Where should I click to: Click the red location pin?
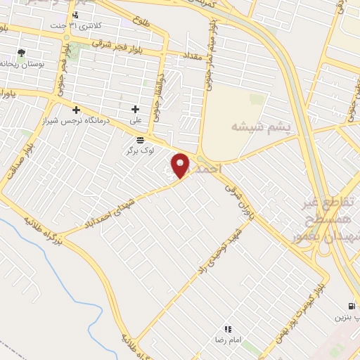[181, 165]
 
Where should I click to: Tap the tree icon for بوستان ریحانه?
[21, 53]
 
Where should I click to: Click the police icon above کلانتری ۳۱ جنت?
[75, 15]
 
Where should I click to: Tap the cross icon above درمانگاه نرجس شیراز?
[77, 109]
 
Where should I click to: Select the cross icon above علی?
[136, 109]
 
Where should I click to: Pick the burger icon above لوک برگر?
[140, 140]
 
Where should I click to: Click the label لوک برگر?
[140, 150]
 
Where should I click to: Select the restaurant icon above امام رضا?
[227, 328]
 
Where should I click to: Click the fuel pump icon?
[350, 306]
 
